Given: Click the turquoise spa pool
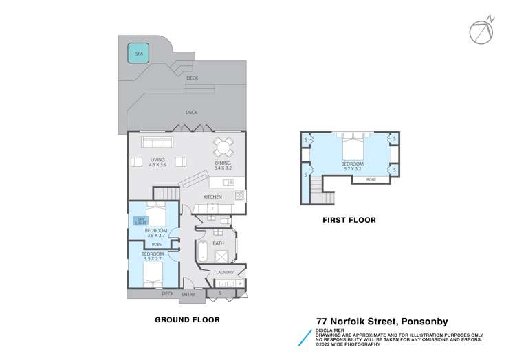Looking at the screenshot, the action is pyautogui.click(x=138, y=53).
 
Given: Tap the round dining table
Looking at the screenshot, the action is pyautogui.click(x=223, y=147).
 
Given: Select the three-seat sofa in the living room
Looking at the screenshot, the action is pyautogui.click(x=157, y=142).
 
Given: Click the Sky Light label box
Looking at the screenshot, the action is pyautogui.click(x=140, y=221).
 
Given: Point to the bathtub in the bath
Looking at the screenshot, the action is pyautogui.click(x=202, y=251).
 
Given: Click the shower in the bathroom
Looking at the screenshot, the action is pyautogui.click(x=221, y=256).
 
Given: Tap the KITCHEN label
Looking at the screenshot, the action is pyautogui.click(x=212, y=197).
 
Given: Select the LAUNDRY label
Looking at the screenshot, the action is pyautogui.click(x=225, y=272).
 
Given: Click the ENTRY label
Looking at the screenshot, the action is pyautogui.click(x=188, y=294).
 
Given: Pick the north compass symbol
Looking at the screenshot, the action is pyautogui.click(x=482, y=30).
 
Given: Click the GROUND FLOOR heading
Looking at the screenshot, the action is pyautogui.click(x=187, y=319).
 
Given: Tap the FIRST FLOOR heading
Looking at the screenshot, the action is pyautogui.click(x=349, y=220).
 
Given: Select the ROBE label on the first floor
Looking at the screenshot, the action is pyautogui.click(x=371, y=179).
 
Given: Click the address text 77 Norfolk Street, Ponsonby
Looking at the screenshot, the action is pyautogui.click(x=382, y=322).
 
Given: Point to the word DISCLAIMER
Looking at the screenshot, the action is pyautogui.click(x=330, y=330).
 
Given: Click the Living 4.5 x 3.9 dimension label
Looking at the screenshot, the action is pyautogui.click(x=157, y=162).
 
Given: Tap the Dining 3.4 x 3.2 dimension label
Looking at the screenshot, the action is pyautogui.click(x=223, y=166).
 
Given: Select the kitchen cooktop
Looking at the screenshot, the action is pyautogui.click(x=239, y=196).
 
